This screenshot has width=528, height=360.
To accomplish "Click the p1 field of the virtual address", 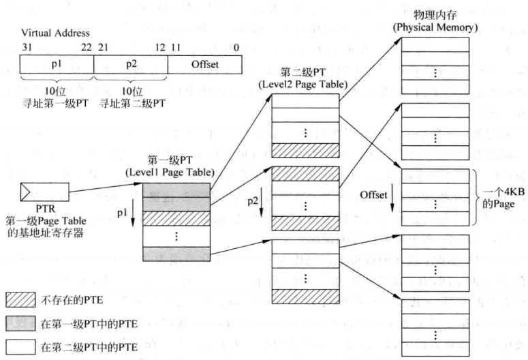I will click(57, 65).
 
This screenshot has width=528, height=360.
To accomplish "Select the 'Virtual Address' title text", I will click(55, 33).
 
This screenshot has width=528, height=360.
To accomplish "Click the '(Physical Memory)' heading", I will click(435, 27).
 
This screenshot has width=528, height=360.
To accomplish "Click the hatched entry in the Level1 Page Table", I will click(176, 217).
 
